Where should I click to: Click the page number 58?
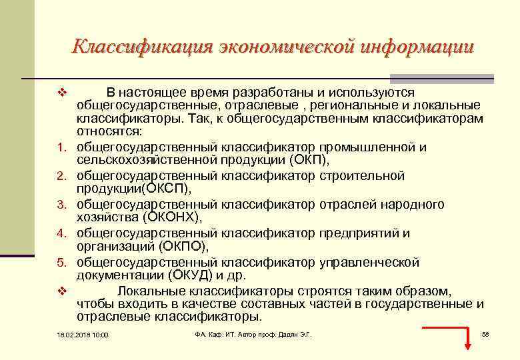[485, 333]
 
